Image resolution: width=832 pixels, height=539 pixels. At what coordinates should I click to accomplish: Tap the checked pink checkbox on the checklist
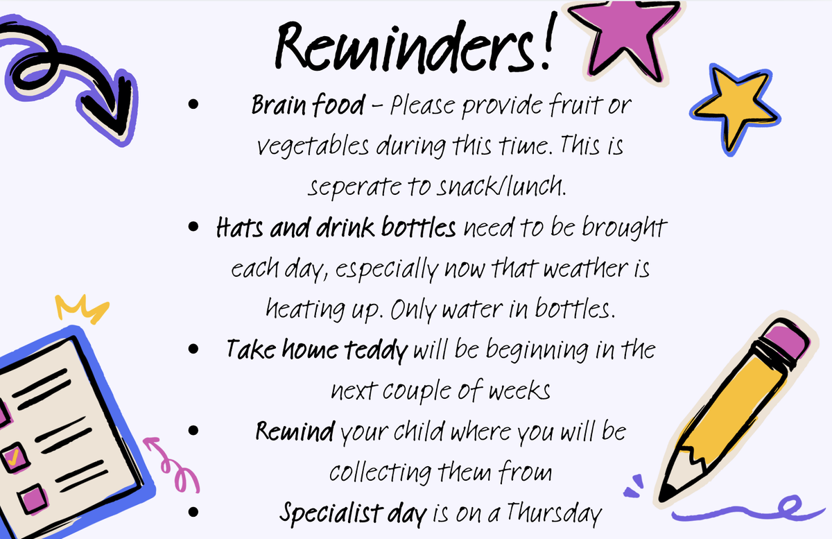[15, 458]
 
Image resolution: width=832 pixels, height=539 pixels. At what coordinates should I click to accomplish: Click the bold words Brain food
[309, 105]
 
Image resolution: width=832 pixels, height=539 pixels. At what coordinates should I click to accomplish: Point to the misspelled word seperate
[355, 187]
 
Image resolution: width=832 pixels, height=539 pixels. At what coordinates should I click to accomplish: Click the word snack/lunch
[501, 185]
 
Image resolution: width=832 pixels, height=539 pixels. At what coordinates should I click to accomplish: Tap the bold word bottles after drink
[419, 227]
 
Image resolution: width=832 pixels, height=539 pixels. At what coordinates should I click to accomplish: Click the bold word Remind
[295, 431]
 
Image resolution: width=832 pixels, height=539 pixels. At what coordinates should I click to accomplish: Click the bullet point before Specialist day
[193, 512]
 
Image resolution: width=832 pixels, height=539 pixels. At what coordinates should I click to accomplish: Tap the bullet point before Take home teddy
[193, 349]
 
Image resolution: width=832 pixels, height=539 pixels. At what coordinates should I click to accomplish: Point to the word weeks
[519, 391]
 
